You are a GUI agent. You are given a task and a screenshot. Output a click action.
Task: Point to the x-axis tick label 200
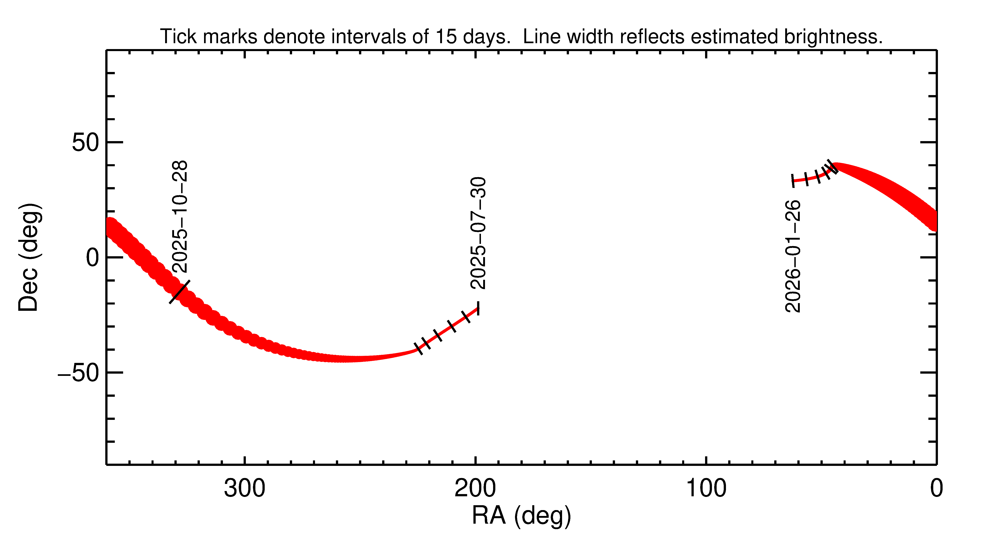pyautogui.click(x=475, y=489)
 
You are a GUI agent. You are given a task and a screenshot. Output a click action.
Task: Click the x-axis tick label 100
pyautogui.click(x=706, y=489)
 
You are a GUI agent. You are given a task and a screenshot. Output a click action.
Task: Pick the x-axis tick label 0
pyautogui.click(x=936, y=489)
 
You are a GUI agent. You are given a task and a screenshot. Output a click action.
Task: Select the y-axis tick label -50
pyautogui.click(x=78, y=373)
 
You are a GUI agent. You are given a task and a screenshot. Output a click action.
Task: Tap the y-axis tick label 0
pyautogui.click(x=93, y=258)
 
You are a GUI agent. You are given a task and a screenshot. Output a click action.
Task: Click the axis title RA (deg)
pyautogui.click(x=521, y=516)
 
